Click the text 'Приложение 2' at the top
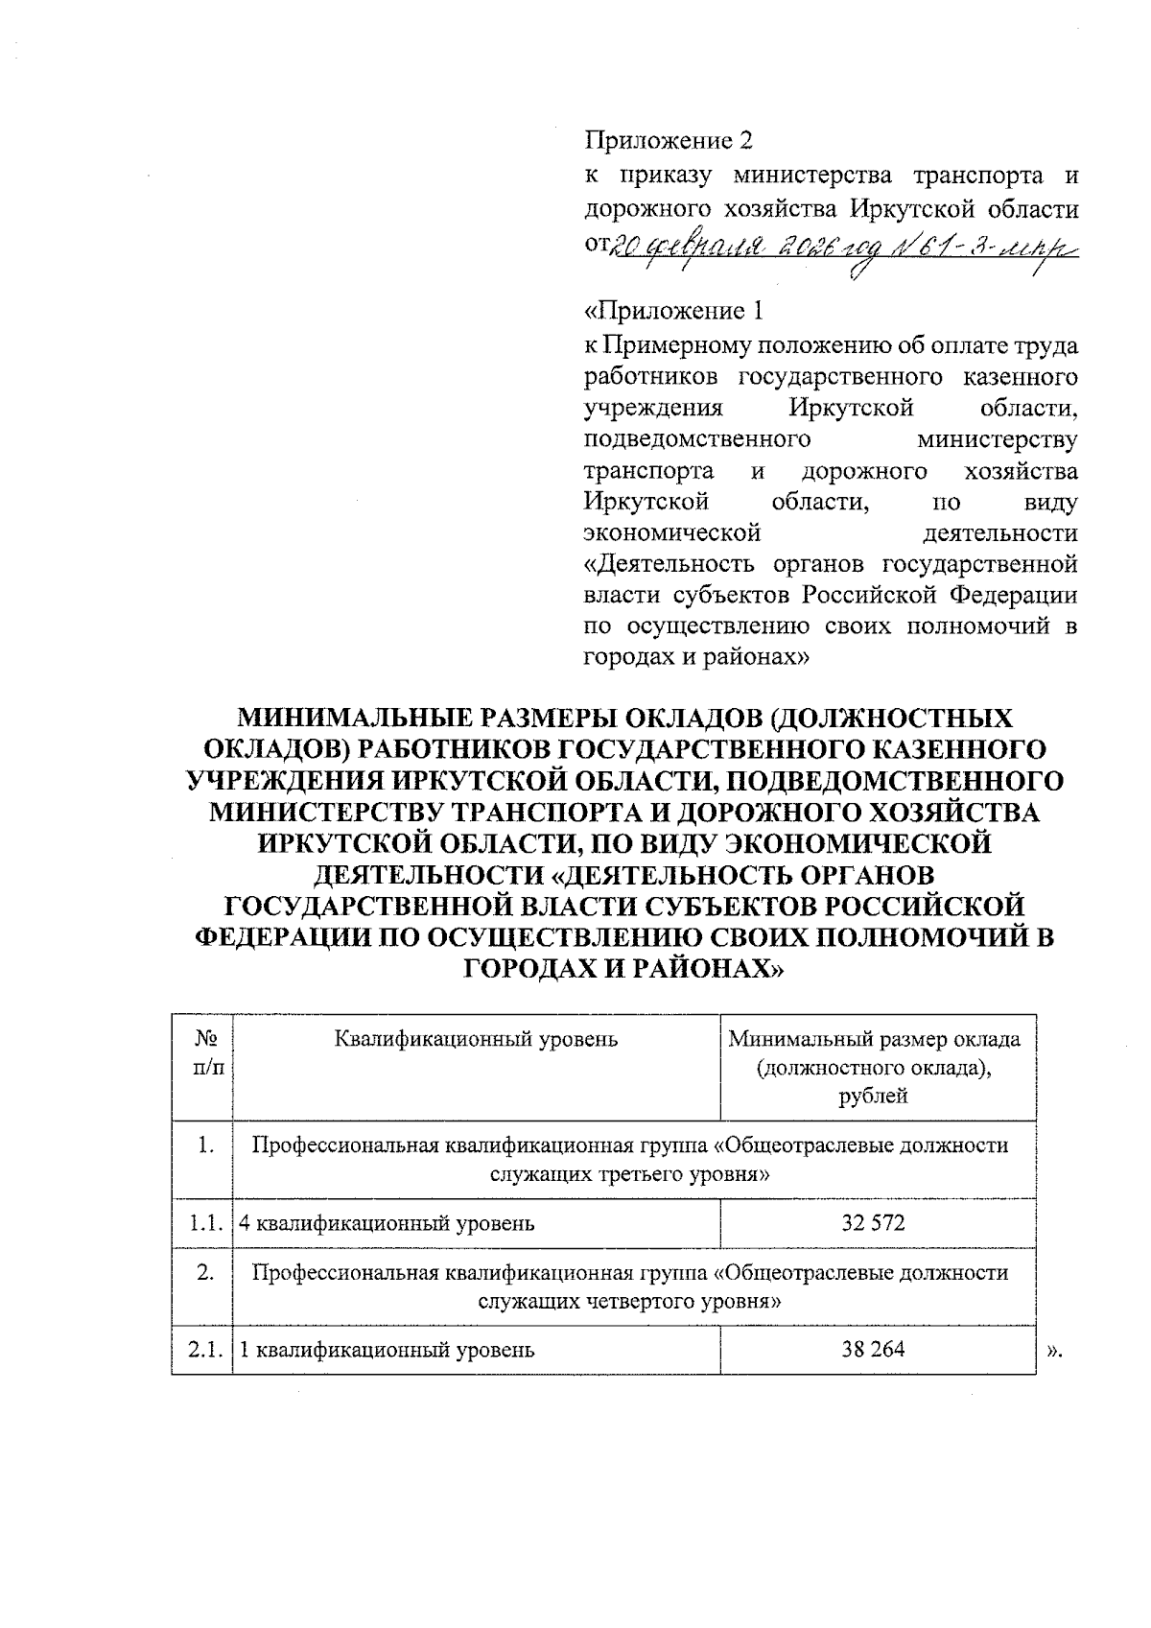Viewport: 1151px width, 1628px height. click(x=669, y=141)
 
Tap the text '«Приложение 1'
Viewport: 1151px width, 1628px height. click(x=676, y=311)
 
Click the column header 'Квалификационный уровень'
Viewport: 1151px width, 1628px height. click(x=476, y=1039)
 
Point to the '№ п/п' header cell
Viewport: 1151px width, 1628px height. click(x=202, y=1053)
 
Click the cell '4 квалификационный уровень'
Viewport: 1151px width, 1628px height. click(x=387, y=1223)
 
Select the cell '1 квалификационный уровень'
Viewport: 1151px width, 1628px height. click(x=387, y=1350)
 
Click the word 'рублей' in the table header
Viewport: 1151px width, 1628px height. click(x=877, y=1097)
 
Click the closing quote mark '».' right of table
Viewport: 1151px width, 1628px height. click(x=1055, y=1351)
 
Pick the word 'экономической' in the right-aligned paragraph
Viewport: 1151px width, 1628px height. click(x=672, y=532)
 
